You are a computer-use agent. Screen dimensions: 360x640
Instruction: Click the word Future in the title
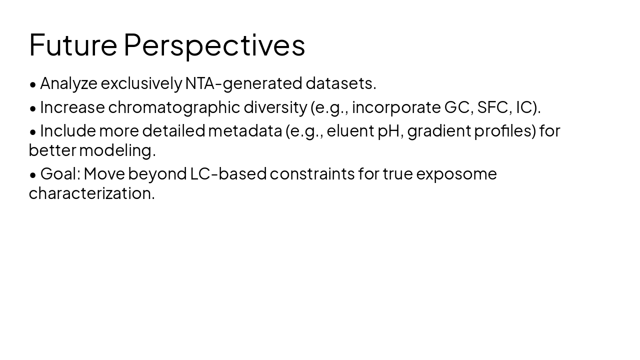(73, 45)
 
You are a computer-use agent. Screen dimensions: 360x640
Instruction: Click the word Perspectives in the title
(214, 45)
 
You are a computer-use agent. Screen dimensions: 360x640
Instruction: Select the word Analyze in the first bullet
(68, 83)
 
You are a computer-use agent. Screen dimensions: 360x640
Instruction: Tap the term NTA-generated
(243, 83)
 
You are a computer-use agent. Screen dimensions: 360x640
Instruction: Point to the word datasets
(340, 83)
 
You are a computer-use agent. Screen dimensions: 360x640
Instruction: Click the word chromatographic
(174, 107)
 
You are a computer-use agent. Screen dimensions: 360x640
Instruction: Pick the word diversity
(275, 107)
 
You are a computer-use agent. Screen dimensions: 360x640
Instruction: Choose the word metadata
(244, 131)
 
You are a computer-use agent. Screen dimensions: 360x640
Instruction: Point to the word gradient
(438, 131)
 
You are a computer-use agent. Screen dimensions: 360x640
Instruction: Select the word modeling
(117, 150)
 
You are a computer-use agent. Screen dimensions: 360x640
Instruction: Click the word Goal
(59, 174)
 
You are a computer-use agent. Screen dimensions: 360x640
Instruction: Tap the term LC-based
(228, 174)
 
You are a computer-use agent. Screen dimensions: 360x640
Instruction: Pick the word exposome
(456, 174)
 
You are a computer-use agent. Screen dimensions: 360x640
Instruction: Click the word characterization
(91, 193)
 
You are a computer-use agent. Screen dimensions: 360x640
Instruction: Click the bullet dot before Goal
(33, 175)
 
